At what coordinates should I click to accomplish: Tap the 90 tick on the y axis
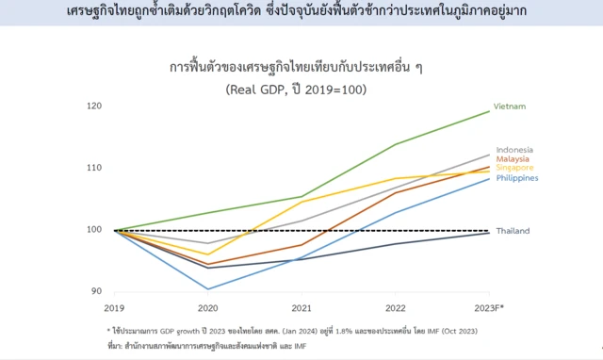95,291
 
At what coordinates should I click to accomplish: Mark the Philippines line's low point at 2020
208,289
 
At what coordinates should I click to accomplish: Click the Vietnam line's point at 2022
396,144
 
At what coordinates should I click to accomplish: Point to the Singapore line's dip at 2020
208,254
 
